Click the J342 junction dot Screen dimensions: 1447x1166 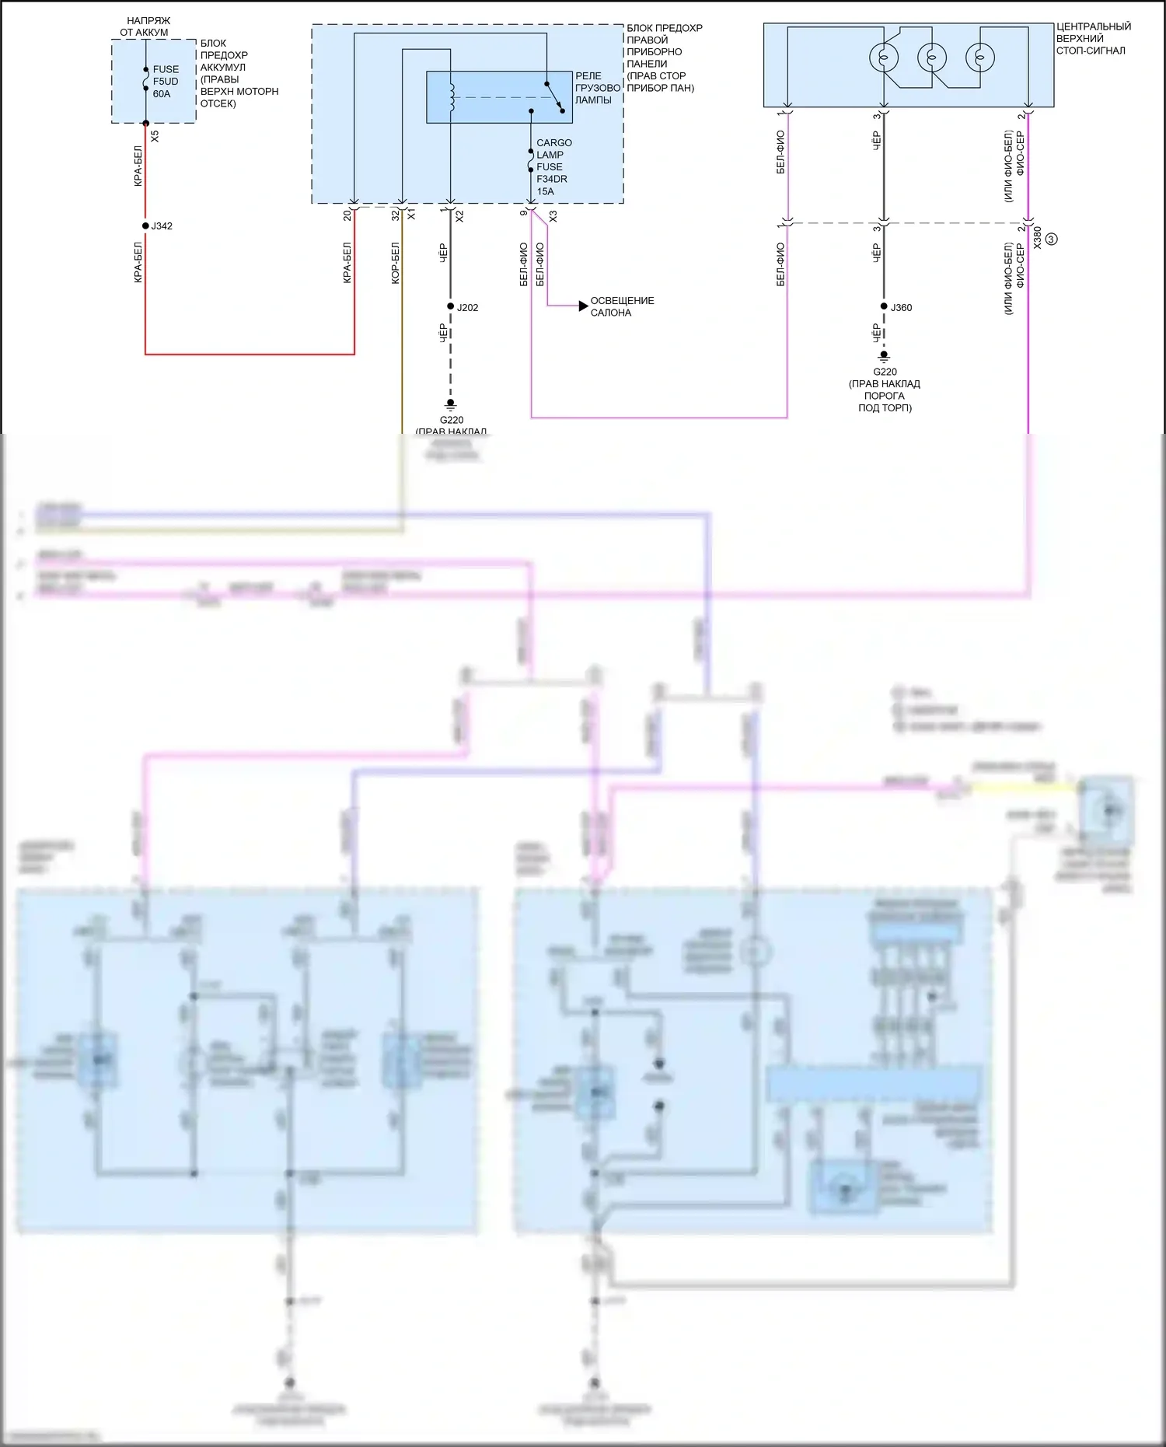[x=145, y=226]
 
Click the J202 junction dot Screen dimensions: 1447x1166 [x=450, y=306]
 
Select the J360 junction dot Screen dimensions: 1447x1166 [x=884, y=306]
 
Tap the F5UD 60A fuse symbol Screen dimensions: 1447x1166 [x=145, y=79]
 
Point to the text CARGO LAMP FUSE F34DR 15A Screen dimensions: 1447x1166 [x=553, y=167]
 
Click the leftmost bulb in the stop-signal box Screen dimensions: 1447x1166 [x=883, y=58]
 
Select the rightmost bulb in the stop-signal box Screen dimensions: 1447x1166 [x=979, y=58]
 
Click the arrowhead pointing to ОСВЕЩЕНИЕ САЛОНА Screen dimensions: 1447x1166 [x=583, y=306]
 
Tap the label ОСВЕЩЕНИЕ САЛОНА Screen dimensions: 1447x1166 [x=622, y=306]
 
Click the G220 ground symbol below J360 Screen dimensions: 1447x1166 [x=884, y=357]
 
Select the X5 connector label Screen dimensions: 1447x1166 [x=155, y=135]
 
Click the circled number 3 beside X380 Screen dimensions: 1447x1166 [x=1051, y=239]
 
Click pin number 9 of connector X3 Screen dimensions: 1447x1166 [x=523, y=212]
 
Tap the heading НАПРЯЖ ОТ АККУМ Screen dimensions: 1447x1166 [x=146, y=26]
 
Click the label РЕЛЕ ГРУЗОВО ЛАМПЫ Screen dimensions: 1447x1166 [x=597, y=88]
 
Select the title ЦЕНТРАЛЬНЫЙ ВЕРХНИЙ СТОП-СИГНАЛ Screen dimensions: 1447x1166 [x=1092, y=39]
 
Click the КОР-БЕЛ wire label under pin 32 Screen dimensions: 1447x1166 [x=395, y=263]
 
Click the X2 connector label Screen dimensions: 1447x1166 [x=459, y=216]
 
